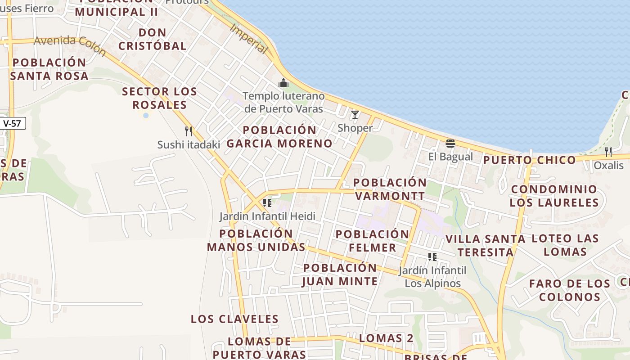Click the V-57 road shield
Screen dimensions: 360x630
(12, 123)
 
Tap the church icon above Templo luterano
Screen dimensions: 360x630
(283, 83)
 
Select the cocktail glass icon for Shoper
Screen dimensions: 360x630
(355, 115)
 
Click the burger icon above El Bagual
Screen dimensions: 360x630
(450, 144)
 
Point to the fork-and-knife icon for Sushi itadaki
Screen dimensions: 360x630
(189, 131)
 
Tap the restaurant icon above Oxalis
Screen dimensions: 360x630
(608, 152)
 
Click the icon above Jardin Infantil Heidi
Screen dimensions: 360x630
(267, 203)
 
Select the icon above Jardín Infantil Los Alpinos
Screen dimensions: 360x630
(432, 257)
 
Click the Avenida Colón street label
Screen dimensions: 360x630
(70, 45)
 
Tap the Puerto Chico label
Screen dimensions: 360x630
(529, 160)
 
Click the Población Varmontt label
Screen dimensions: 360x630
(390, 189)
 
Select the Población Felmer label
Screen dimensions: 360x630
(372, 241)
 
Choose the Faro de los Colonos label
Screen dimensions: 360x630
(570, 290)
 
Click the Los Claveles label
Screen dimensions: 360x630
(234, 319)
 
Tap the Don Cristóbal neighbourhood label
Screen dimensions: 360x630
(153, 39)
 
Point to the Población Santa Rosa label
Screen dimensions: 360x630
(49, 69)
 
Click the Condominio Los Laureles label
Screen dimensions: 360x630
(554, 196)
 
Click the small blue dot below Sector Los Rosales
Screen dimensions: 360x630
(146, 116)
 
